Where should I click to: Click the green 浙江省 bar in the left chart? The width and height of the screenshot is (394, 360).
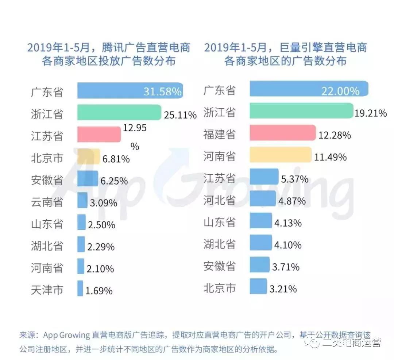[x=119, y=112]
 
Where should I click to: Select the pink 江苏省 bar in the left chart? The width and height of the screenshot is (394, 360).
[x=99, y=134]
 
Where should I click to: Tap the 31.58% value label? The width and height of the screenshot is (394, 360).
[x=162, y=92]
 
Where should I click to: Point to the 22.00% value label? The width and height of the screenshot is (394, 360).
[x=340, y=91]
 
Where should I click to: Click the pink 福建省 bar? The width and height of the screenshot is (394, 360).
[x=282, y=133]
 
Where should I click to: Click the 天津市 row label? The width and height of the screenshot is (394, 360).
[x=47, y=290]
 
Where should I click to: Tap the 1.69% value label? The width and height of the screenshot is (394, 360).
[x=99, y=291]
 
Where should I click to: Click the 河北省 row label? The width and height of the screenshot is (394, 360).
[x=220, y=200]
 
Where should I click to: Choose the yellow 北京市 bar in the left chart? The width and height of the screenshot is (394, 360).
[x=88, y=156]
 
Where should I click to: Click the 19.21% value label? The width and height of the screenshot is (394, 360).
[x=371, y=113]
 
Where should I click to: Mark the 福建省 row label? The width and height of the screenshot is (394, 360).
[x=220, y=134]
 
